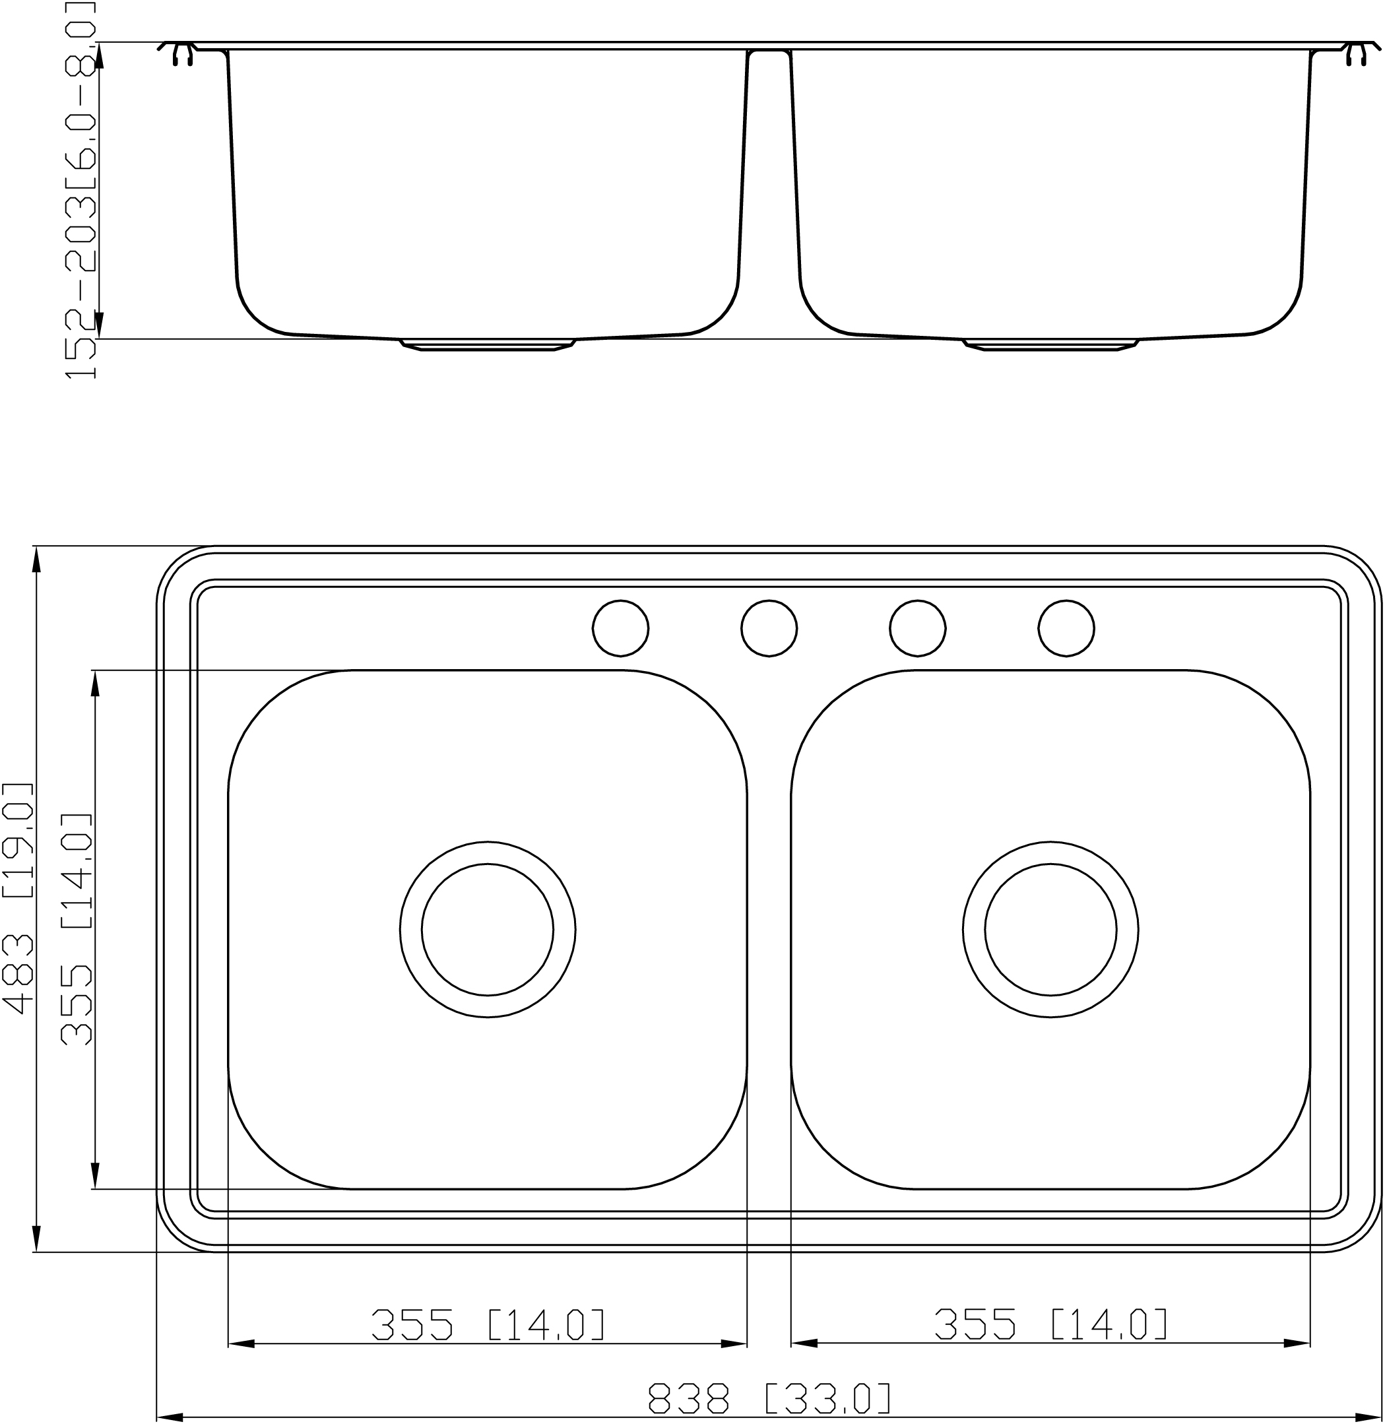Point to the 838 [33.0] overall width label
[x=769, y=1396]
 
